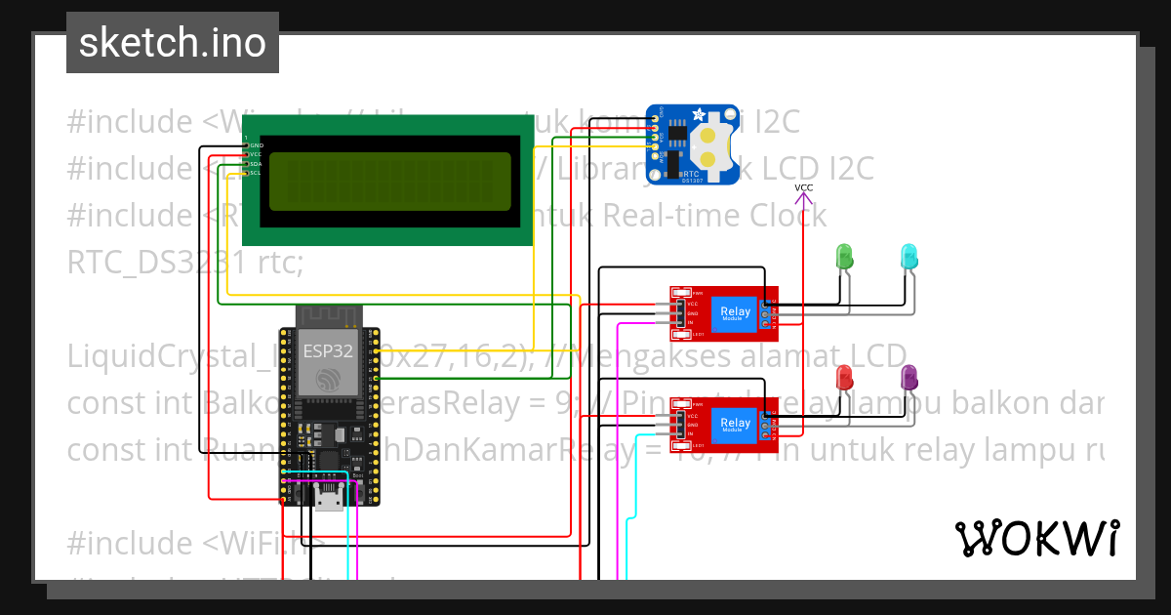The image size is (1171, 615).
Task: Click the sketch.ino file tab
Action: point(172,43)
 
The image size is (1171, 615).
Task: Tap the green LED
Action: point(845,257)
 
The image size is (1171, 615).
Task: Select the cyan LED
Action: point(908,257)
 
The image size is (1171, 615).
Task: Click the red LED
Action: point(845,378)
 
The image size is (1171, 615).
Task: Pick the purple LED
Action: point(909,378)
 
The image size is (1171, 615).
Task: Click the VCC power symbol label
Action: point(803,187)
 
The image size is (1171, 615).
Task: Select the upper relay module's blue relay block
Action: point(735,312)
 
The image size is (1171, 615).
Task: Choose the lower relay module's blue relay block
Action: point(735,424)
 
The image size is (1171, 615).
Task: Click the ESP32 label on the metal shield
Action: point(328,349)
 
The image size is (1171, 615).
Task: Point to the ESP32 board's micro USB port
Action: point(329,501)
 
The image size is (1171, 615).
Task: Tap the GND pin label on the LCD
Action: point(256,145)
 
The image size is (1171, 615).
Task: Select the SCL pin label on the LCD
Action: point(256,174)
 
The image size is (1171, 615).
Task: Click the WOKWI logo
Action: point(1036,538)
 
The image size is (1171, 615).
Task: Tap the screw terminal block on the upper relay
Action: point(771,312)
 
